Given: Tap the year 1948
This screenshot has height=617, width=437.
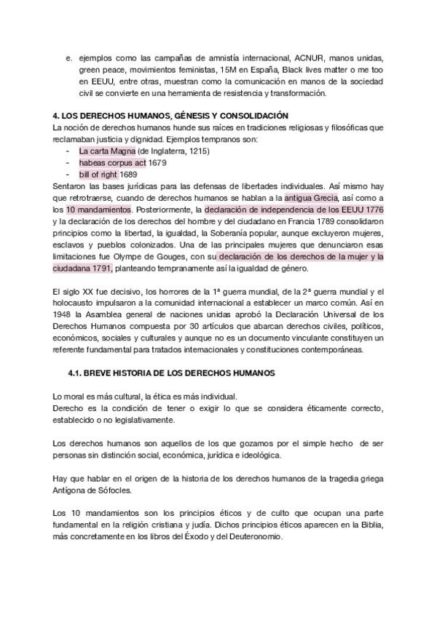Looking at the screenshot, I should [x=65, y=315].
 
